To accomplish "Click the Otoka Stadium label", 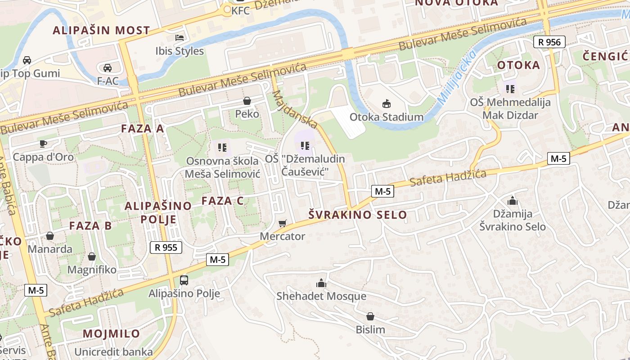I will click(x=387, y=117).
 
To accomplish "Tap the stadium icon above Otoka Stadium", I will click(x=387, y=104).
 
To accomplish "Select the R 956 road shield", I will click(x=549, y=42).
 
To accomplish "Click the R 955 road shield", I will click(x=166, y=247).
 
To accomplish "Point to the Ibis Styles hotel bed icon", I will click(x=180, y=37).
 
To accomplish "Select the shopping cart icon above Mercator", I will click(x=283, y=223).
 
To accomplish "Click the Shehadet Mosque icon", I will click(x=321, y=283).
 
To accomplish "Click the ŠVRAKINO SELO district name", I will click(x=358, y=215).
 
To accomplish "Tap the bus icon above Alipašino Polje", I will click(x=184, y=280).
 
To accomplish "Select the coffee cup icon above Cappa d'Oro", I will click(x=43, y=144).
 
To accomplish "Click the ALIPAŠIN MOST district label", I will click(x=101, y=31).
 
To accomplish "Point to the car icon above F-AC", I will click(x=108, y=68).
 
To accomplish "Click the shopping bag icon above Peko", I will click(x=247, y=100).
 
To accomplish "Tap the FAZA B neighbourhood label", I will click(x=90, y=225).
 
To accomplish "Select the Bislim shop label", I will click(x=370, y=329).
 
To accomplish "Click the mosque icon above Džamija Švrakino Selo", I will click(x=512, y=201).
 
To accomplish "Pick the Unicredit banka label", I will click(x=113, y=351).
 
